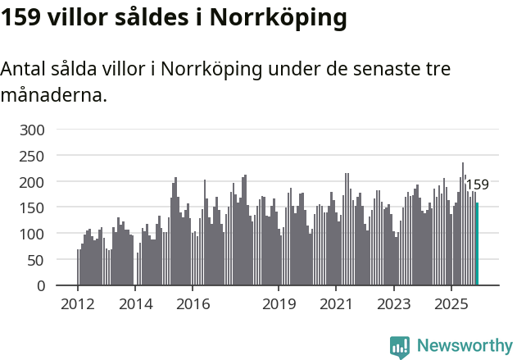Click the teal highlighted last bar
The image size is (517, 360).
(477, 244)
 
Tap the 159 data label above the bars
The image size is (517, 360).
(477, 185)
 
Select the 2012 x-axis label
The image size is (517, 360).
(78, 305)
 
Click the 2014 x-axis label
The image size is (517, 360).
(135, 305)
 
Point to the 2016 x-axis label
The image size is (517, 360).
(193, 305)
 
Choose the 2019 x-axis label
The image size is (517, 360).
(279, 305)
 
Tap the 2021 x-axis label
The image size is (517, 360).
(336, 305)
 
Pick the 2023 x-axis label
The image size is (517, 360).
(393, 305)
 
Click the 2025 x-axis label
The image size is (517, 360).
(451, 305)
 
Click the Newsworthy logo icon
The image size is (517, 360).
(400, 346)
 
